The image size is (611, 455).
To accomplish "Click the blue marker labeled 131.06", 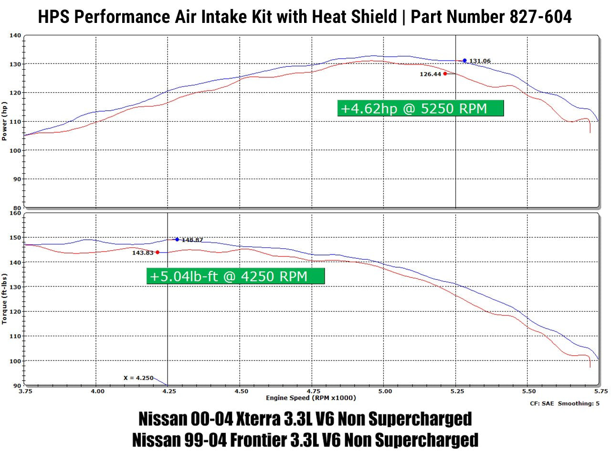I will click(464, 61).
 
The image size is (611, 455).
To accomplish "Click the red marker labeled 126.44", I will click(445, 74).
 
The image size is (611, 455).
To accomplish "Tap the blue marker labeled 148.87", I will click(177, 240).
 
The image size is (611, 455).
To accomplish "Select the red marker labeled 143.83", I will click(157, 252).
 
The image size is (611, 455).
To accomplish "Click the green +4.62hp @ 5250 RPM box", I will click(420, 108).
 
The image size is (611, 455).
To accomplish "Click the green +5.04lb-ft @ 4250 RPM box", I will click(235, 276).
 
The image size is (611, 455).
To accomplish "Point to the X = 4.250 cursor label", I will click(138, 378).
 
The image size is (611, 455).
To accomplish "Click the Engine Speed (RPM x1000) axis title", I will click(311, 398).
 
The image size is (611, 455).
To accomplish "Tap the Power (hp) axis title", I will click(4, 121).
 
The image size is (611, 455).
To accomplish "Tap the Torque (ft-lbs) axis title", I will click(4, 299).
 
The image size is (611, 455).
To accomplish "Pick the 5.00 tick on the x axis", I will click(385, 391).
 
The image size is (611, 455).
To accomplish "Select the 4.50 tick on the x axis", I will click(241, 391).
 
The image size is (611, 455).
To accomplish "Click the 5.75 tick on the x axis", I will click(600, 391).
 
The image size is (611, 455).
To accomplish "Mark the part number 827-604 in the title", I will click(540, 17).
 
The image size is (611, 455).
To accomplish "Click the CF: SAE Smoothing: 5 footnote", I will click(564, 403).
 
